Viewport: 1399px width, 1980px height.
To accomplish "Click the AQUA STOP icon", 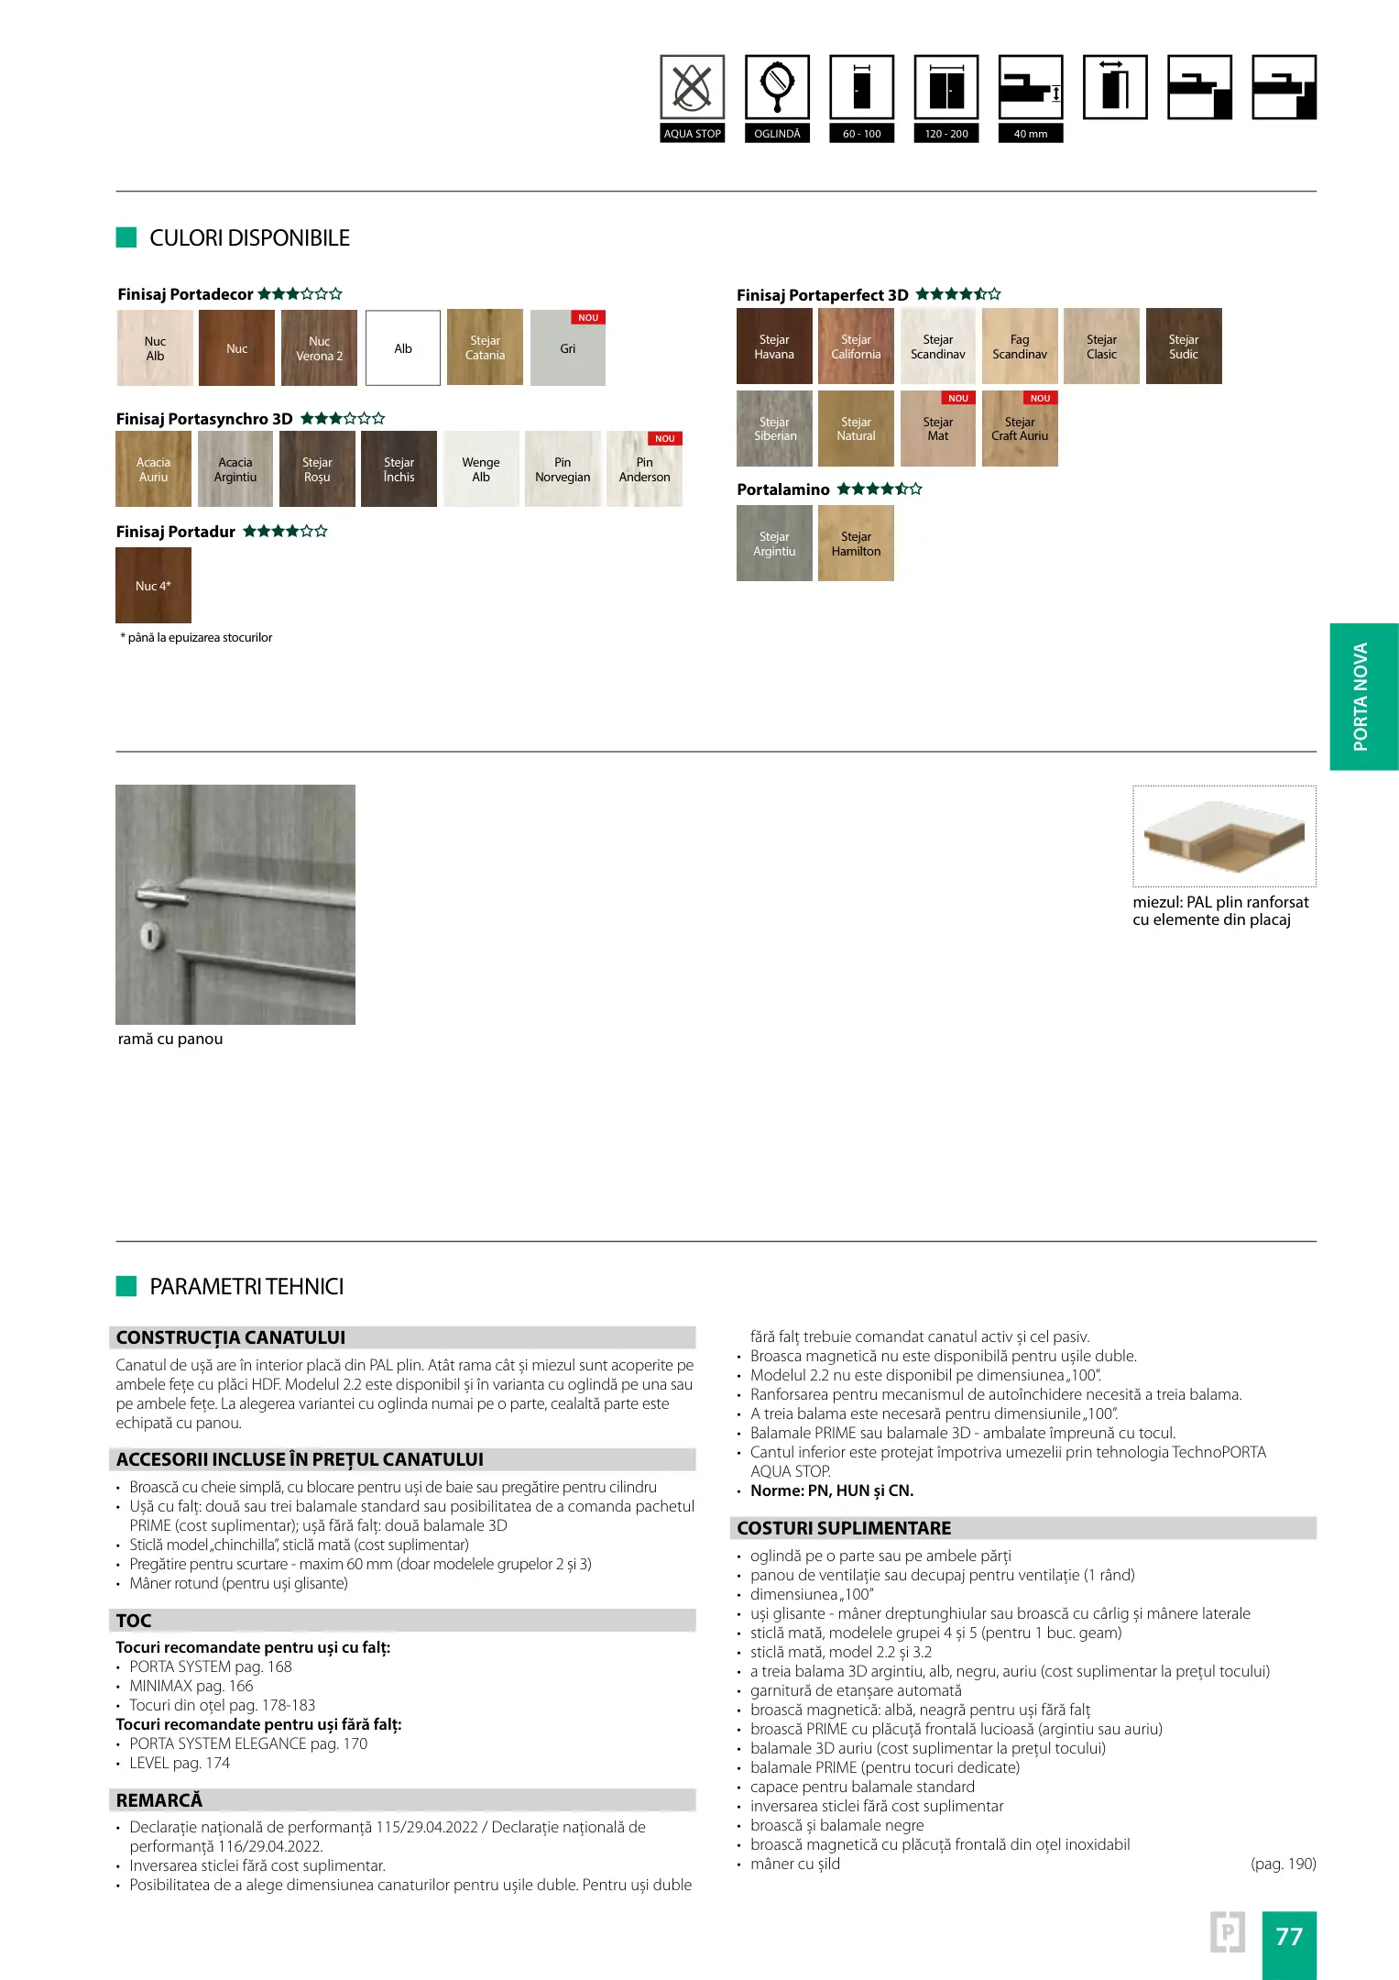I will tap(692, 88).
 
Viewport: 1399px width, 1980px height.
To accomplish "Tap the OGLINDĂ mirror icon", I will tap(777, 88).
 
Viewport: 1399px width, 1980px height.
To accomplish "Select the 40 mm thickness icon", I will tap(1031, 88).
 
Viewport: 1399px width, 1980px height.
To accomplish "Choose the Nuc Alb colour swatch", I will tap(155, 347).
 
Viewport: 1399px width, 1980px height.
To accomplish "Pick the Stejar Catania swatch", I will tap(485, 347).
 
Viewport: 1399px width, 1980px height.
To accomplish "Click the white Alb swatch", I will tap(403, 347).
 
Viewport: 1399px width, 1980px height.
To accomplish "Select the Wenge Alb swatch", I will tap(481, 468).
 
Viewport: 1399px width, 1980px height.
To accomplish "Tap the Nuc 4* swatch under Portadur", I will tap(153, 585).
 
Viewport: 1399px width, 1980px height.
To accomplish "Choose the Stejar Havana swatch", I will tap(774, 346).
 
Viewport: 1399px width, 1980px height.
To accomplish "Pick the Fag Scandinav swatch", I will tap(1020, 346).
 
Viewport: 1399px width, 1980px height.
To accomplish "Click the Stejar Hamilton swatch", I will tap(856, 543).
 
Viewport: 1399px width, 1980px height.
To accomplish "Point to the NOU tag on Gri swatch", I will tap(588, 317).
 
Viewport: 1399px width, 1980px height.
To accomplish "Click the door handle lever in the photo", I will tap(165, 891).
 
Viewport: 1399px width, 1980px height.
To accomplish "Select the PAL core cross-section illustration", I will tap(1223, 835).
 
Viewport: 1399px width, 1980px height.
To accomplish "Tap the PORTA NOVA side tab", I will tap(1362, 696).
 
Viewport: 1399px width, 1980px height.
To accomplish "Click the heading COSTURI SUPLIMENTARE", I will tap(844, 1528).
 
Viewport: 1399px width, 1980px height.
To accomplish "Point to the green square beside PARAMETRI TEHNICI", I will tap(126, 1286).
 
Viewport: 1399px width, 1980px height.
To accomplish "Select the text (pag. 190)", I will tap(1283, 1864).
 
